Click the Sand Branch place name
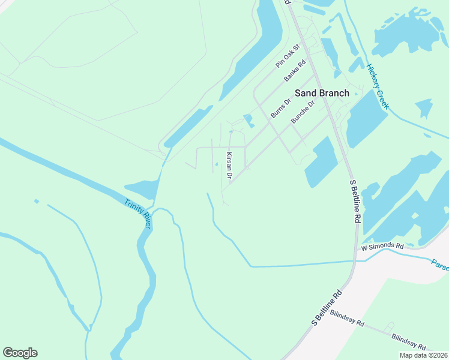tap(321, 93)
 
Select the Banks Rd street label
tap(295, 70)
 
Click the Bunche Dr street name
tap(303, 112)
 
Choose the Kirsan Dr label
tap(229, 166)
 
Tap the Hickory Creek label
tap(378, 87)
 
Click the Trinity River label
tap(138, 214)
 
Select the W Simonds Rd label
tap(382, 247)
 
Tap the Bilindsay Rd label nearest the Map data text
tap(409, 343)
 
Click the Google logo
tap(20, 353)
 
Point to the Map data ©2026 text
tap(423, 355)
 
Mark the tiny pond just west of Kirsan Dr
tap(217, 164)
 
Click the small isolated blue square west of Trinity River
tap(37, 201)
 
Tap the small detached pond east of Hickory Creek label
tap(424, 108)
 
